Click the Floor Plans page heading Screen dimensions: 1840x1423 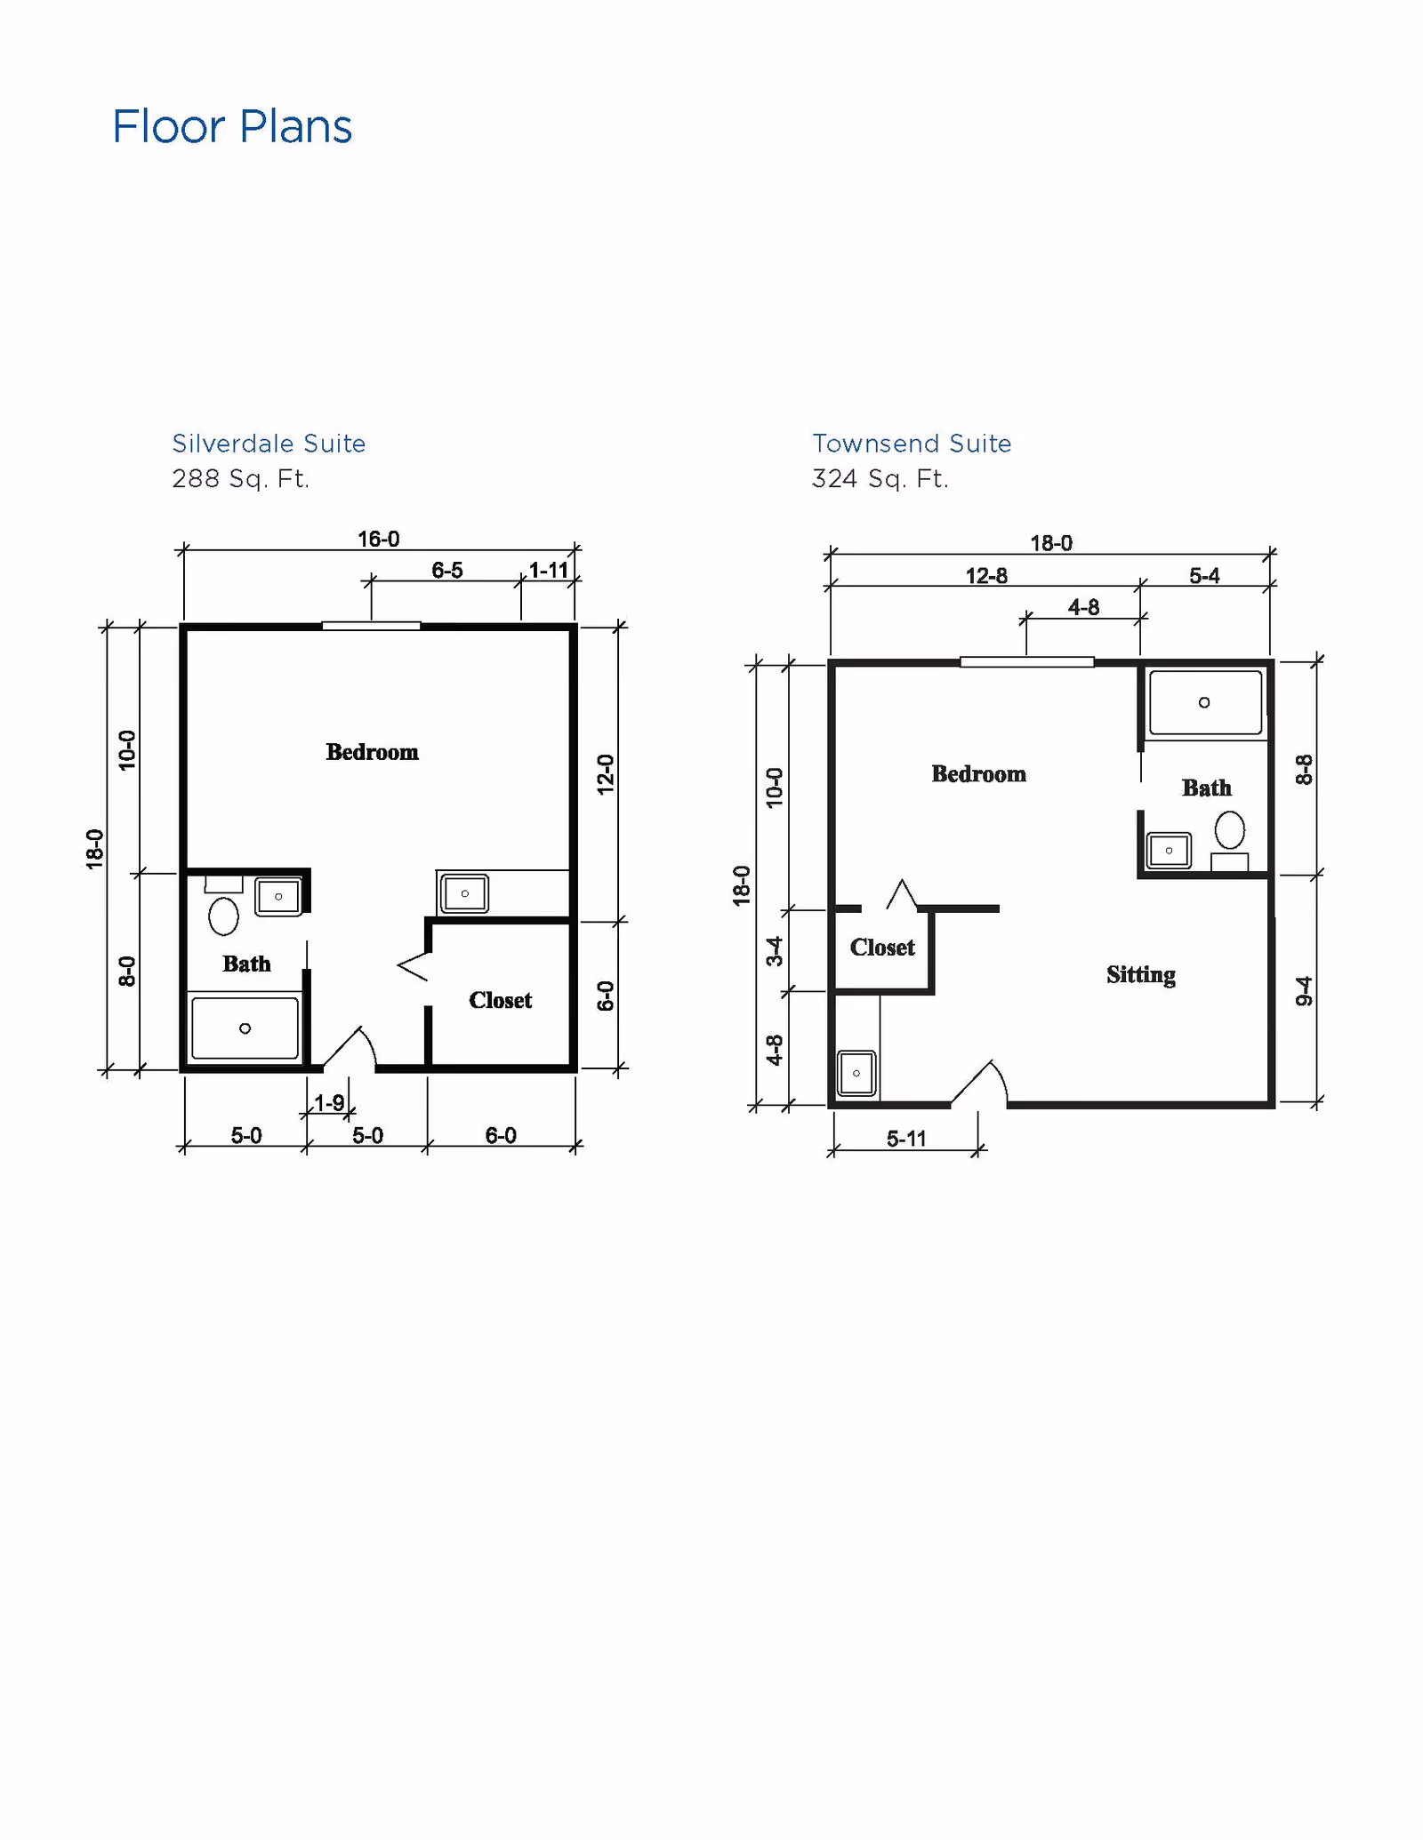pos(232,127)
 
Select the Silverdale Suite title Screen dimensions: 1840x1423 pos(269,444)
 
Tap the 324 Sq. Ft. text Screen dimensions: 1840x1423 pos(880,479)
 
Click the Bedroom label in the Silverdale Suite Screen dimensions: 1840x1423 pos(372,752)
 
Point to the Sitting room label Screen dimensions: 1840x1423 pos(1140,975)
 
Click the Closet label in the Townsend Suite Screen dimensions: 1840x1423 pos(881,948)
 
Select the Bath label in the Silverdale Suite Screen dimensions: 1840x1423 pos(246,964)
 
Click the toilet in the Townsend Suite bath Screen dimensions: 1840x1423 pos(1230,831)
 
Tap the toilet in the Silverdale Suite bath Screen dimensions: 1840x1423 pos(223,915)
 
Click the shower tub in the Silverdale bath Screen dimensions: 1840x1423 pos(245,1028)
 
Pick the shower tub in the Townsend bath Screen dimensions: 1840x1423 pos(1205,702)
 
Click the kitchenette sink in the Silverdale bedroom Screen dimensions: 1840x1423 pos(464,893)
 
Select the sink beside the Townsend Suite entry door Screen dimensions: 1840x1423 pos(856,1073)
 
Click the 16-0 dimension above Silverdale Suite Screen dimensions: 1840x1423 pos(378,540)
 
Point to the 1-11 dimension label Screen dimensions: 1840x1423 pos(548,571)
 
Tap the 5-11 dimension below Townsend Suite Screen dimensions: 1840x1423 pos(905,1139)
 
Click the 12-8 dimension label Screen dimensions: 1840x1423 pos(985,576)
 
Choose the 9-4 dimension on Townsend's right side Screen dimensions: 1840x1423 pos(1304,991)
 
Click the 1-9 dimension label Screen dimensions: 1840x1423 pos(328,1103)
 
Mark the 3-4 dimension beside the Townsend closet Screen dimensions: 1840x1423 pos(776,951)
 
